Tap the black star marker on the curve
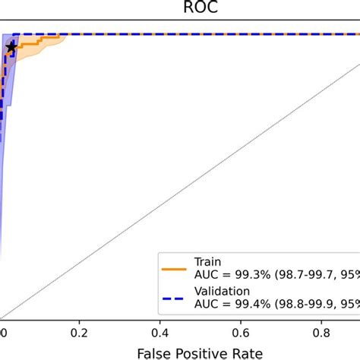pyautogui.click(x=11, y=48)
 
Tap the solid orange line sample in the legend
pyautogui.click(x=174, y=267)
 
